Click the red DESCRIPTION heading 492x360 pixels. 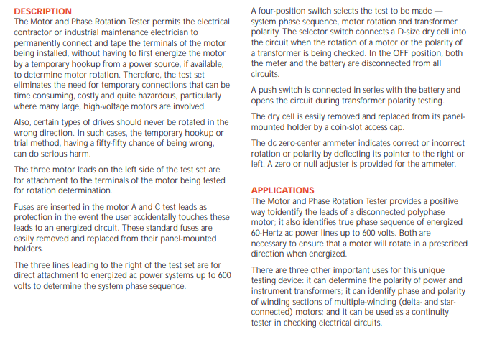tap(43, 11)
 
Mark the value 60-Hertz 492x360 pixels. tap(271, 233)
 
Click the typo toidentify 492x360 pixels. tap(287, 212)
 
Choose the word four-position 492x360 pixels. tap(284, 11)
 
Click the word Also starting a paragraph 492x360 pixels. tap(24, 122)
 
